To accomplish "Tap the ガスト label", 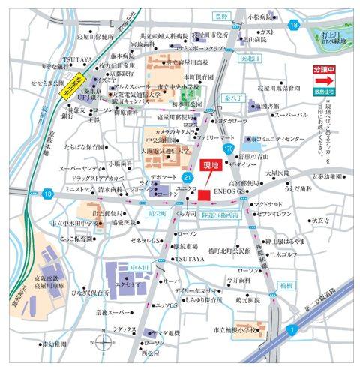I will tap(267, 32).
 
